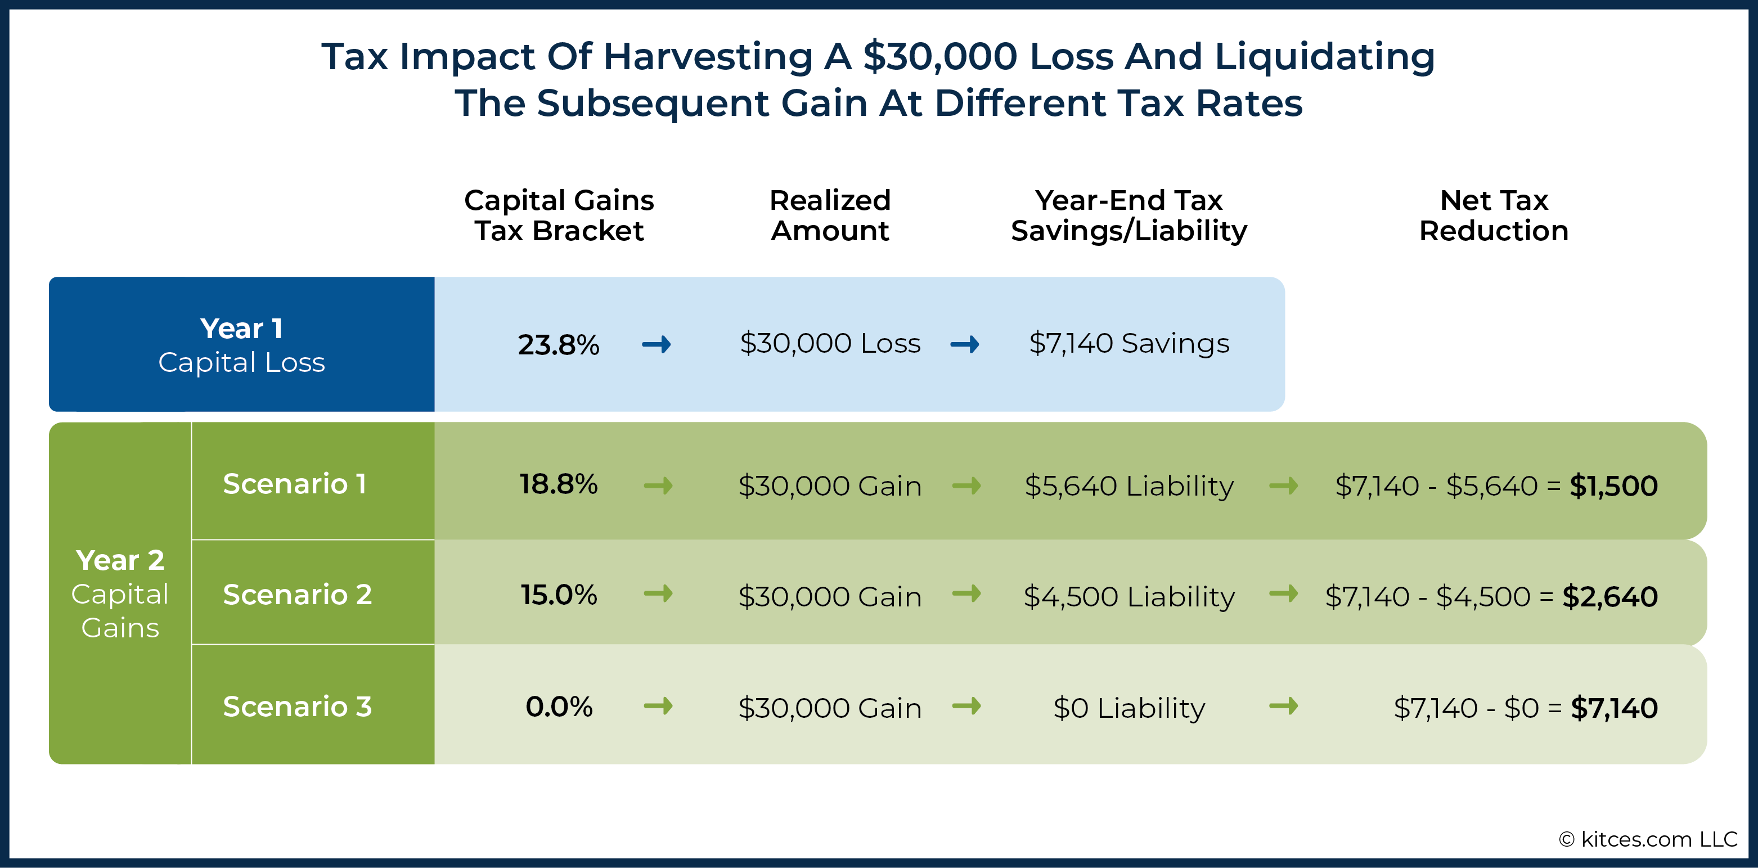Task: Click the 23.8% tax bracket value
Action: click(558, 345)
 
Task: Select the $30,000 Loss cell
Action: click(830, 343)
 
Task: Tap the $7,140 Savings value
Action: click(1129, 343)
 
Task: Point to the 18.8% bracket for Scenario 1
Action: click(558, 484)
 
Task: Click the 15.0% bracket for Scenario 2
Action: click(558, 595)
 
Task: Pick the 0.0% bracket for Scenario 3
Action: click(558, 707)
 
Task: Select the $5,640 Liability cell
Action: click(1129, 487)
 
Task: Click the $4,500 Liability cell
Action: click(1129, 597)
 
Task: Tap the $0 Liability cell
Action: click(1129, 708)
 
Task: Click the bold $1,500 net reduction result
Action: click(1613, 486)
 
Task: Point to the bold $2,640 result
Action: click(1609, 597)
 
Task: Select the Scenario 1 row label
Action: click(295, 484)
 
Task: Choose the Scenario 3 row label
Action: click(298, 707)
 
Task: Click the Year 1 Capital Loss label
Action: click(241, 345)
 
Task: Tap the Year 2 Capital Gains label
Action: click(120, 593)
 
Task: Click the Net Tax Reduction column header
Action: click(1494, 215)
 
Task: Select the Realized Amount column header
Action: click(830, 215)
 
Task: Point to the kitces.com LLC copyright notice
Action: click(1647, 839)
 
